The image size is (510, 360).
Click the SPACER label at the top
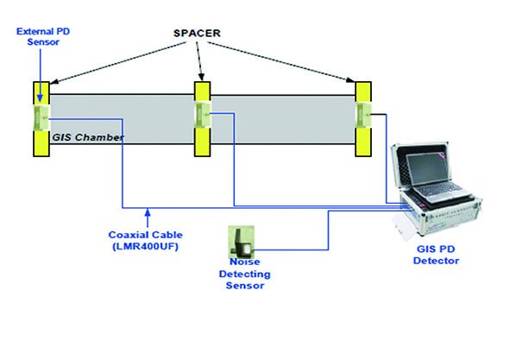pyautogui.click(x=197, y=33)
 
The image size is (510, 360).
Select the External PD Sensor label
pyautogui.click(x=43, y=36)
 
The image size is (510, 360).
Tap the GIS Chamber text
pyautogui.click(x=88, y=137)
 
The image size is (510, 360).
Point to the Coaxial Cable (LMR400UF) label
pyautogui.click(x=145, y=241)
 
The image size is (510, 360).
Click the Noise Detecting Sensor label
pyautogui.click(x=244, y=274)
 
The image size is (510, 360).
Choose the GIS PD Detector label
pyautogui.click(x=436, y=255)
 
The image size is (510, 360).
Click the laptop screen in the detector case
pyautogui.click(x=428, y=169)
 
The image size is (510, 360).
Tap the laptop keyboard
pyautogui.click(x=442, y=192)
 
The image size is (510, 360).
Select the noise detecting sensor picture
pyautogui.click(x=241, y=242)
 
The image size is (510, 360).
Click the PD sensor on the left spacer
pyautogui.click(x=41, y=117)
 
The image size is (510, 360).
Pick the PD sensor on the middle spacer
pyautogui.click(x=202, y=115)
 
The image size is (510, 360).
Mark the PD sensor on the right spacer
pyautogui.click(x=363, y=115)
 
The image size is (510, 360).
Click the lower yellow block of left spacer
pyautogui.click(x=41, y=143)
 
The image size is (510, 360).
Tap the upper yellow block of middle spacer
pyautogui.click(x=202, y=92)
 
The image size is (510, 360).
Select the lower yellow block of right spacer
pyautogui.click(x=363, y=142)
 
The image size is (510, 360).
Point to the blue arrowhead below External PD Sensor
pyautogui.click(x=40, y=98)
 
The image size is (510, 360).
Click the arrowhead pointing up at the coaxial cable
pyautogui.click(x=148, y=212)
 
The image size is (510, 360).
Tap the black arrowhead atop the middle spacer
pyautogui.click(x=201, y=77)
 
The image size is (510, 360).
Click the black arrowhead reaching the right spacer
pyautogui.click(x=350, y=79)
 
